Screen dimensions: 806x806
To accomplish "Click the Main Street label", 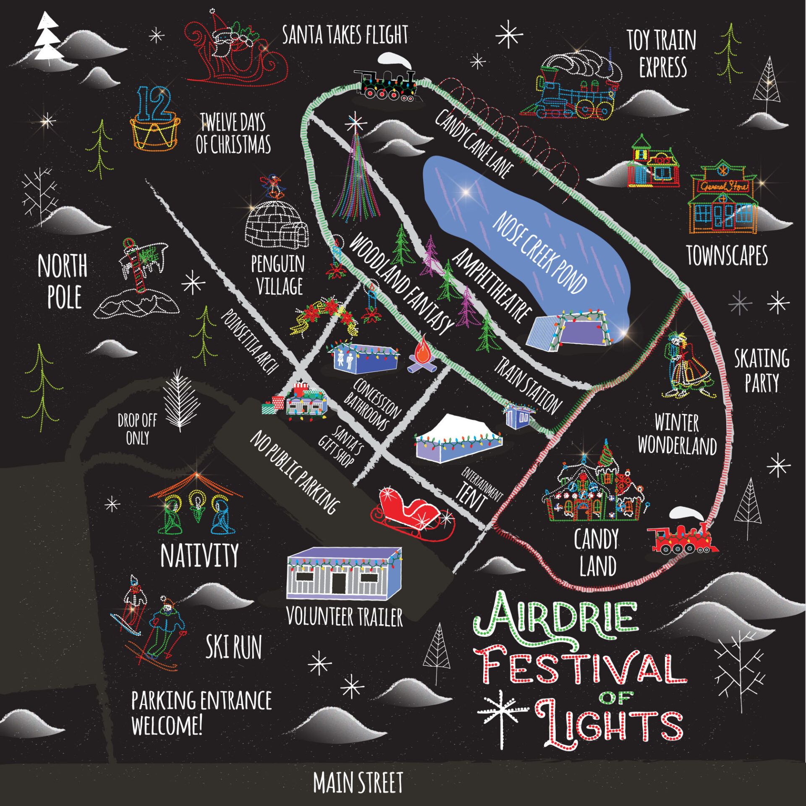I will (358, 782).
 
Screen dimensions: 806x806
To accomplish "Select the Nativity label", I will (200, 555).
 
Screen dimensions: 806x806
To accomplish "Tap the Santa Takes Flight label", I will (345, 35).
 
